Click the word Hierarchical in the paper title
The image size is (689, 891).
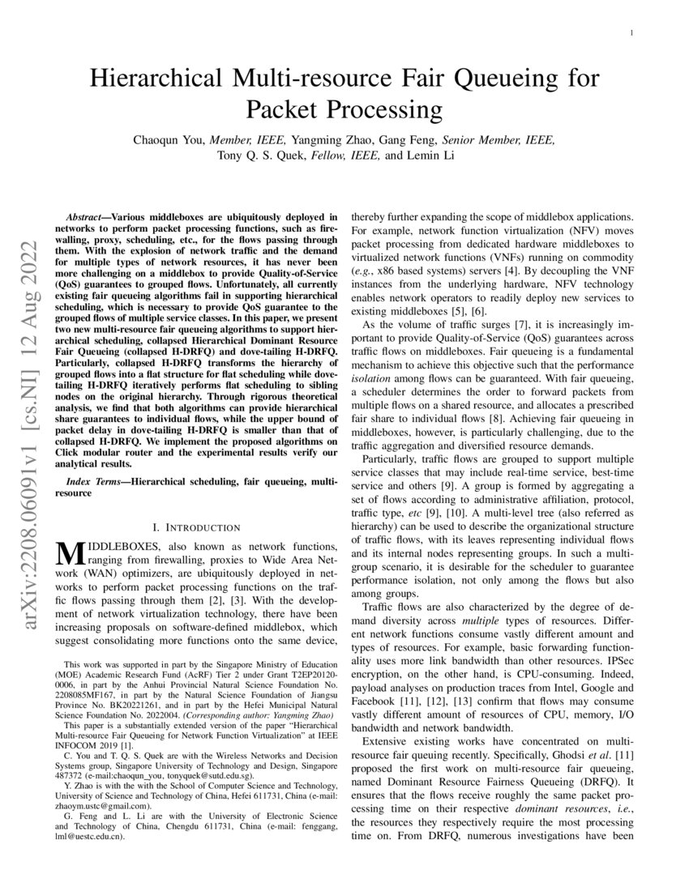158,79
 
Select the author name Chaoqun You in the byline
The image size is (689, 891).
169,139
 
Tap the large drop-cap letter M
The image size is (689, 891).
71,553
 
